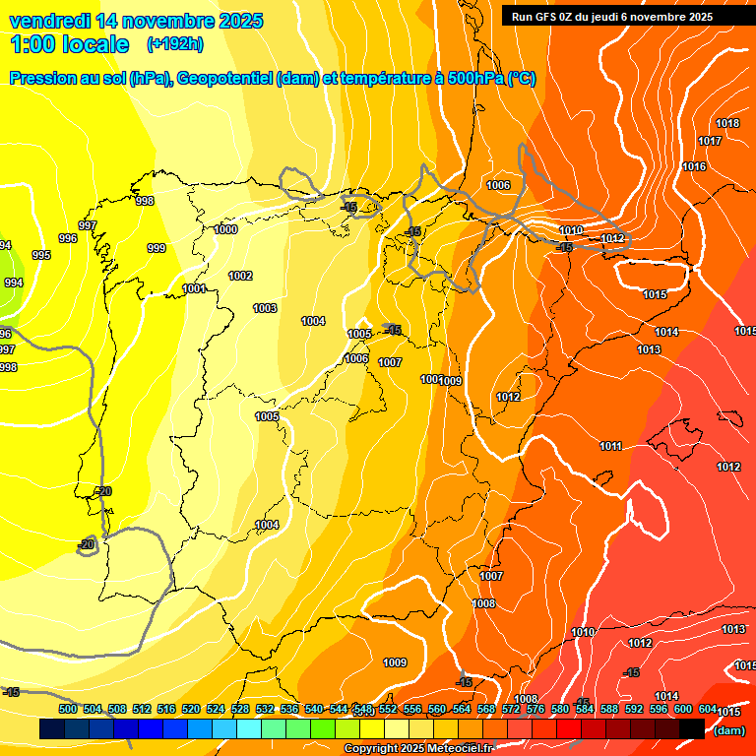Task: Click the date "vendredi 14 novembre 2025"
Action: click(x=136, y=21)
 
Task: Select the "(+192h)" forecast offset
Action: click(x=175, y=44)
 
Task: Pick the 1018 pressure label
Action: click(x=727, y=123)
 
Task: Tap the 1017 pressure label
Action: click(x=710, y=141)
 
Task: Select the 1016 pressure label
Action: click(x=694, y=166)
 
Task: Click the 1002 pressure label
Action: click(x=240, y=276)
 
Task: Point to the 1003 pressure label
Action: click(x=265, y=308)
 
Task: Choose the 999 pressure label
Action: click(x=157, y=248)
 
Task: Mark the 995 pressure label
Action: click(x=41, y=255)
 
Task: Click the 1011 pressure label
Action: click(x=610, y=446)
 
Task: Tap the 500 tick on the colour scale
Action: click(x=68, y=709)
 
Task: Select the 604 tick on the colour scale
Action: click(x=708, y=709)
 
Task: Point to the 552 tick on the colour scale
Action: click(x=388, y=709)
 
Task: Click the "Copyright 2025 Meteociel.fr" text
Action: click(x=417, y=749)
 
